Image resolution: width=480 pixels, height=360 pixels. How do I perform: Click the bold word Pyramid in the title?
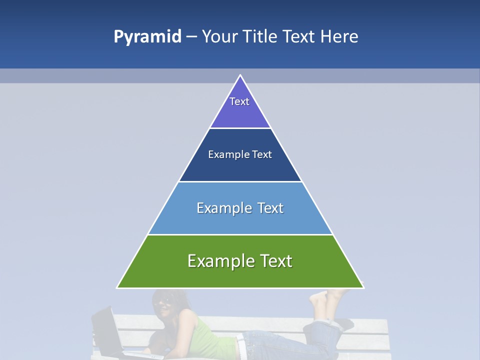click(147, 37)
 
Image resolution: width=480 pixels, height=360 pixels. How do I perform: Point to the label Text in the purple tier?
click(239, 101)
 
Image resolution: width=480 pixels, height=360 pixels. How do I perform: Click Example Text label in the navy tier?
click(240, 154)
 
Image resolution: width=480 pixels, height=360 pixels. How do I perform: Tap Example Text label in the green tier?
click(240, 261)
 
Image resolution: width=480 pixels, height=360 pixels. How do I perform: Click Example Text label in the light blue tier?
click(240, 208)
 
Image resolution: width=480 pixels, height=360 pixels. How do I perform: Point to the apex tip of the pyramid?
click(240, 75)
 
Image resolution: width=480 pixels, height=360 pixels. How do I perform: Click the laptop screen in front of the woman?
click(106, 330)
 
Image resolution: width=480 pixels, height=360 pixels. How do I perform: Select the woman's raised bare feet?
click(322, 300)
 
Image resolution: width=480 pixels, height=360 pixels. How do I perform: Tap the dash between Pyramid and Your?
click(191, 37)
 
